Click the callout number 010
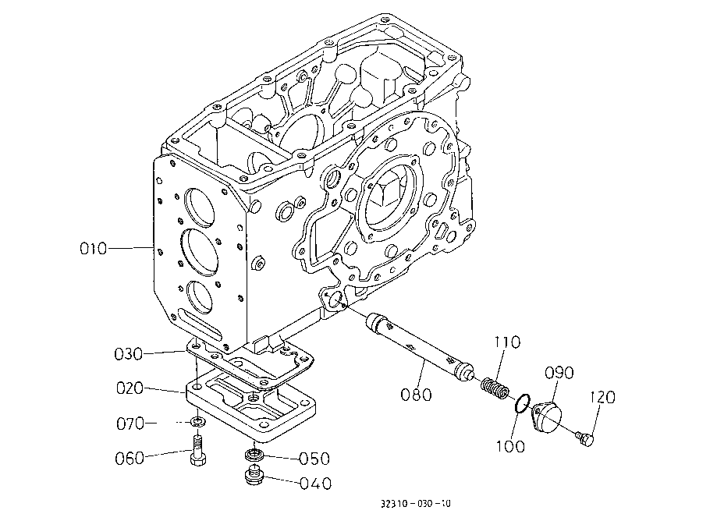(94, 249)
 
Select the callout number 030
(128, 354)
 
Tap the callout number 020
(130, 388)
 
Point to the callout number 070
(130, 424)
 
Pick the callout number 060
(130, 458)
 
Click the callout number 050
(314, 459)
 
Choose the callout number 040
(316, 484)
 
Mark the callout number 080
(416, 395)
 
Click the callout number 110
(507, 342)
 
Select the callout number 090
(559, 373)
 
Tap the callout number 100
(511, 446)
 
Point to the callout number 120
(602, 397)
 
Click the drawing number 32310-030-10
(416, 504)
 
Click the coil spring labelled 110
(495, 388)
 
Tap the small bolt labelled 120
(584, 438)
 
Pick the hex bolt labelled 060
(198, 450)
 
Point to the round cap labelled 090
(548, 416)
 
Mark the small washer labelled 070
(198, 420)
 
